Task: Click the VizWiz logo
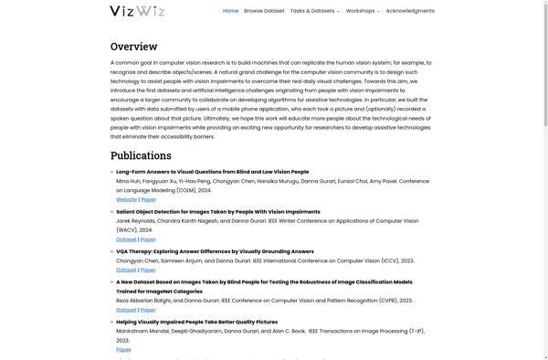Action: click(137, 11)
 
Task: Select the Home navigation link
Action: click(230, 11)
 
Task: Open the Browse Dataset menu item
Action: click(264, 11)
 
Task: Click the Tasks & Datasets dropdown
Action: click(314, 11)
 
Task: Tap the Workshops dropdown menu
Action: click(363, 11)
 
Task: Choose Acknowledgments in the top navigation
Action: click(410, 11)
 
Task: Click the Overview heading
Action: click(133, 47)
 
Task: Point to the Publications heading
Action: click(141, 155)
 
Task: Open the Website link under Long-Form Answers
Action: click(126, 199)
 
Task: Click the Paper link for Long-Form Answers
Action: click(148, 199)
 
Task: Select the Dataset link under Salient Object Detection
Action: click(126, 239)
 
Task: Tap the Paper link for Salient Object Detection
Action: click(148, 239)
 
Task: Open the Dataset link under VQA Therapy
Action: click(126, 270)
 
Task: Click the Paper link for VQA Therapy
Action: click(148, 270)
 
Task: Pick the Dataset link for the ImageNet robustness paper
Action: click(126, 310)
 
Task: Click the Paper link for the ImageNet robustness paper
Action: click(148, 310)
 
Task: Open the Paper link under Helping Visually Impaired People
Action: click(123, 349)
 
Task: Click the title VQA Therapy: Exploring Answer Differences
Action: click(215, 251)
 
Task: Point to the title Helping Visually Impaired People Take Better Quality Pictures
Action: click(196, 322)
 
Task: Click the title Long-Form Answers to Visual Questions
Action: click(212, 172)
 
